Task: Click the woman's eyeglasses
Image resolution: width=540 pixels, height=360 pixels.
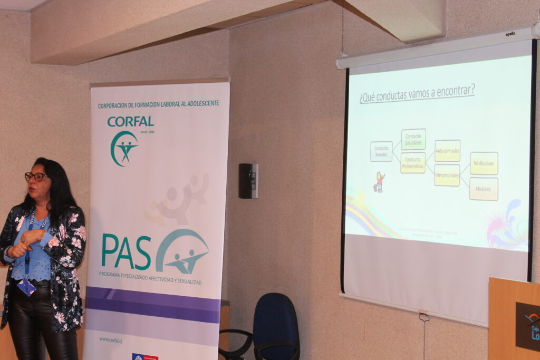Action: click(x=35, y=177)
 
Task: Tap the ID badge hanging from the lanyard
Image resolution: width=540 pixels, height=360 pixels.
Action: click(x=26, y=287)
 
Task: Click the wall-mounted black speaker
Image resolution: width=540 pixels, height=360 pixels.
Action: click(x=248, y=181)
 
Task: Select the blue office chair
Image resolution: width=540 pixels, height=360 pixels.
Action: click(x=275, y=327)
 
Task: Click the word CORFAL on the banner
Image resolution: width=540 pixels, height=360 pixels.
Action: click(x=130, y=122)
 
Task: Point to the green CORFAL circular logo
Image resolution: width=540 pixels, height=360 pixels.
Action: click(x=124, y=148)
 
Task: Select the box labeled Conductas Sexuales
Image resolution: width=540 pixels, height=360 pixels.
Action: click(x=381, y=151)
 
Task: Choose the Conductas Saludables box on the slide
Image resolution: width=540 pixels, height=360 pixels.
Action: click(x=413, y=139)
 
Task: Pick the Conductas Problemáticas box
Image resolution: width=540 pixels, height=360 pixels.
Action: click(x=413, y=163)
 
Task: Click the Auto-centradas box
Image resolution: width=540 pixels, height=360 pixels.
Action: click(x=447, y=151)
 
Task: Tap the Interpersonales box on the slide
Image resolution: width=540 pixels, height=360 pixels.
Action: click(x=447, y=176)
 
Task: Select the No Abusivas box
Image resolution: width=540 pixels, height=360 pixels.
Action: click(x=484, y=163)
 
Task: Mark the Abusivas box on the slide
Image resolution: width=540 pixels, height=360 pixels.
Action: click(x=484, y=189)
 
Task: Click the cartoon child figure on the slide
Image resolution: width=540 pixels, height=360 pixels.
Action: click(x=379, y=182)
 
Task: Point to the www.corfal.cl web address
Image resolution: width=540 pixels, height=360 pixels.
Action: click(x=111, y=340)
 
